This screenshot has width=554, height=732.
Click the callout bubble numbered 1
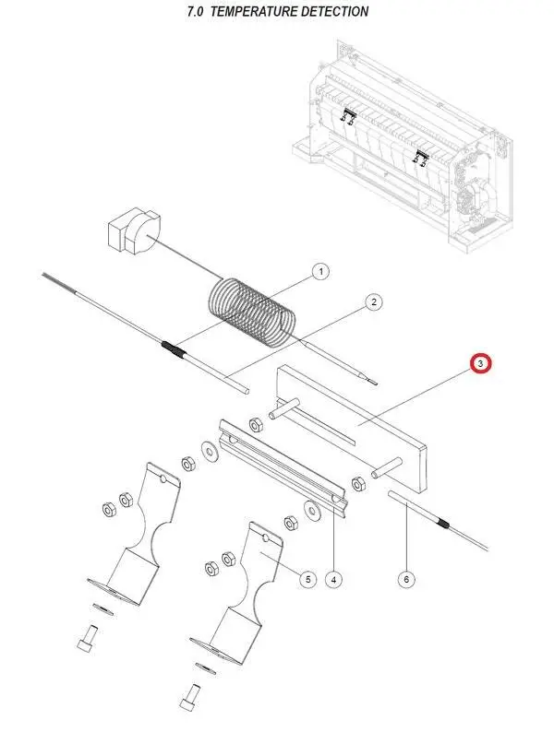point(319,271)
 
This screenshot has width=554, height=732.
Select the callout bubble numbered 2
point(374,301)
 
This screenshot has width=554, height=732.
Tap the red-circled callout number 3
point(481,364)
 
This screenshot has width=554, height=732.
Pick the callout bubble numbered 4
point(334,579)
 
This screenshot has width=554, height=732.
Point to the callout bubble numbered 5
point(308,579)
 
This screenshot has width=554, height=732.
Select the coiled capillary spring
point(253,309)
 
